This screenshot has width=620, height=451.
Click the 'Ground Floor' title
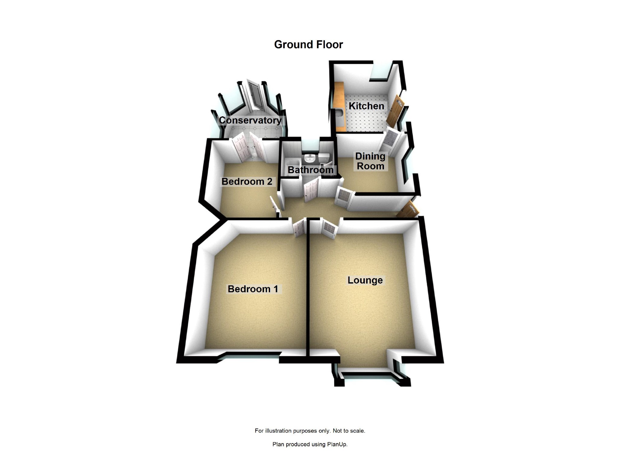[308, 45]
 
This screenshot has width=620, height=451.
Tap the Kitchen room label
[366, 106]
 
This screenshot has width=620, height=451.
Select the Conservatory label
[250, 120]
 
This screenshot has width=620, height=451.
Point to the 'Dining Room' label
[370, 161]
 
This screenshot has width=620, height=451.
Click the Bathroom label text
[310, 170]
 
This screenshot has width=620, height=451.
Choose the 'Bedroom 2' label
[247, 182]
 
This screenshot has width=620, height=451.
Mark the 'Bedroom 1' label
[253, 289]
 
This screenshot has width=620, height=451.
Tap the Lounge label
[365, 280]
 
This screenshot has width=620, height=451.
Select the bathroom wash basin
[310, 158]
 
